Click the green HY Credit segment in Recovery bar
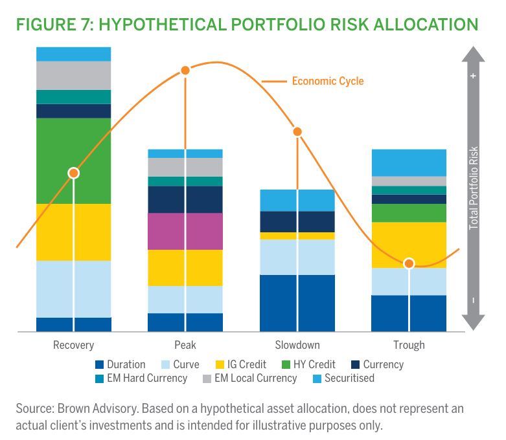click(74, 160)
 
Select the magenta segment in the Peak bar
click(185, 231)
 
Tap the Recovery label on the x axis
click(73, 345)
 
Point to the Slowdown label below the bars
click(297, 345)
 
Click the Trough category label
click(409, 345)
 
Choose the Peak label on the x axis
click(185, 345)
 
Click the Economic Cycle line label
click(327, 82)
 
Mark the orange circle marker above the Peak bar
click(185, 70)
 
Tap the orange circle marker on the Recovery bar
click(74, 173)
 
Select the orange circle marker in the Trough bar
click(409, 263)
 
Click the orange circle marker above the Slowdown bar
click(297, 132)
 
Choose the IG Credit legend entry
click(242, 365)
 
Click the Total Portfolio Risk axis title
click(474, 188)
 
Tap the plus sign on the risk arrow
click(474, 76)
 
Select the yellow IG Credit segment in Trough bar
click(409, 244)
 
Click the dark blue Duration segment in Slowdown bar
click(297, 303)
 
